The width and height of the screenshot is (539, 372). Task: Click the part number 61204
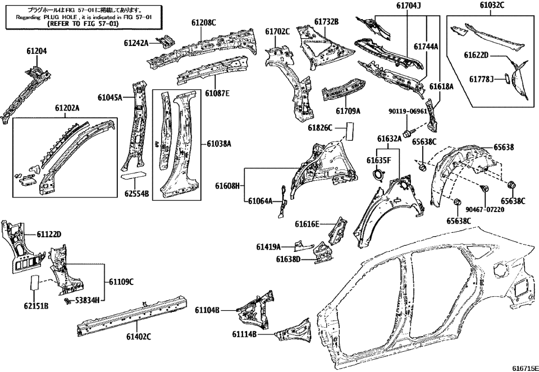pos(36,50)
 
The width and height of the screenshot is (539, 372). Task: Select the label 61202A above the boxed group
pos(67,108)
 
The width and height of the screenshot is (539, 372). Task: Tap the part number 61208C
pos(203,22)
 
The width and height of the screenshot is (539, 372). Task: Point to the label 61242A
pos(136,43)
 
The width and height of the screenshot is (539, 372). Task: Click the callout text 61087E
pos(217,93)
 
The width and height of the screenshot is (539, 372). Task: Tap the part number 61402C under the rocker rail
pos(139,337)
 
